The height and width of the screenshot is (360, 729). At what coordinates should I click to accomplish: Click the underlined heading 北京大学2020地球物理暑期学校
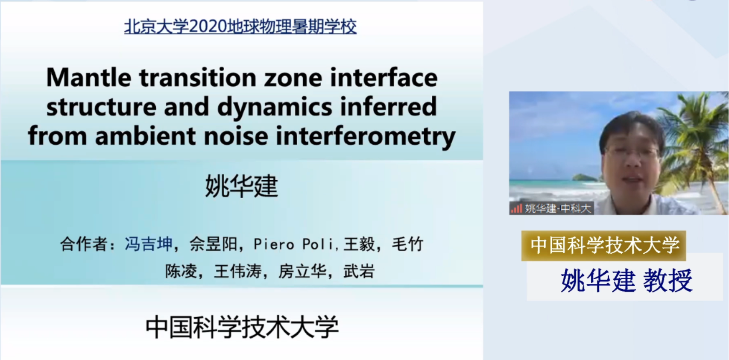(240, 26)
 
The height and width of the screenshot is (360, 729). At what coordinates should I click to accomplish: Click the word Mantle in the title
(88, 78)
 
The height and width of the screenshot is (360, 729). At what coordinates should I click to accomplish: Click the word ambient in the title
(146, 136)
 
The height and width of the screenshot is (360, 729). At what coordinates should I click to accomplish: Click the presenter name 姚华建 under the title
(241, 186)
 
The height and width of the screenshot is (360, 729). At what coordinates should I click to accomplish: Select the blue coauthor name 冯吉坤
(148, 244)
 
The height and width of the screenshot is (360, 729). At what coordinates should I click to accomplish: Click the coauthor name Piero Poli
(293, 244)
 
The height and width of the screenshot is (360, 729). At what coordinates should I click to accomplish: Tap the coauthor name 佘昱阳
(214, 244)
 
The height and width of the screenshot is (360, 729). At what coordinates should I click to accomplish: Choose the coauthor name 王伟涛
(237, 271)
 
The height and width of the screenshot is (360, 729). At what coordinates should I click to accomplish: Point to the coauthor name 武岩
(359, 271)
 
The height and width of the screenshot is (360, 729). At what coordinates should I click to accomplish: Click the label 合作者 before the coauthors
(84, 244)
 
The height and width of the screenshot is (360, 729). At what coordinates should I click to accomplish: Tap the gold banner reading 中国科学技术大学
(604, 246)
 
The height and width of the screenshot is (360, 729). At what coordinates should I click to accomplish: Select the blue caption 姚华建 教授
(627, 281)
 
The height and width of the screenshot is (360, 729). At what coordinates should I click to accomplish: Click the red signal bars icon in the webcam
(516, 208)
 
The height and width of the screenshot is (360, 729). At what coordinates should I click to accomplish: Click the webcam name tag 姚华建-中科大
(558, 208)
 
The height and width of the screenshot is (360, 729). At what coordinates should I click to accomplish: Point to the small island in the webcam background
(585, 178)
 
